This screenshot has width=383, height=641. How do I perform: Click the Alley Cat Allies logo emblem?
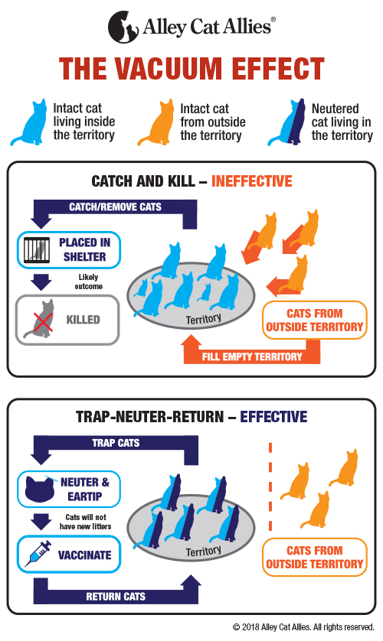123,27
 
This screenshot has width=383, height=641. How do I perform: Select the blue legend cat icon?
29,122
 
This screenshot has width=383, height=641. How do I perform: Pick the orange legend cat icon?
156,122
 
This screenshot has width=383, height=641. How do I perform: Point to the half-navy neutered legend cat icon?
286,122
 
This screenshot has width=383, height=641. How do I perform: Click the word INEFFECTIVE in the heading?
252,181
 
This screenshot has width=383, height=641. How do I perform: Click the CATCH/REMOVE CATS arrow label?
115,207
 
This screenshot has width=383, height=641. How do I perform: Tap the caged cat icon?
37,250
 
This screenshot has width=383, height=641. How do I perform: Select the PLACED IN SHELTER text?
85,250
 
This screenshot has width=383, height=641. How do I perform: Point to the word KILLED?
83,320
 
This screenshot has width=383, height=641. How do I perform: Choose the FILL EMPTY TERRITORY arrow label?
252,357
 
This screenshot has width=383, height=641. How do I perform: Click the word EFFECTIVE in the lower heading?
273,417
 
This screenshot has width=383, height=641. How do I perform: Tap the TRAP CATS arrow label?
116,443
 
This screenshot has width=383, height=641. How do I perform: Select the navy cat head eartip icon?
40,489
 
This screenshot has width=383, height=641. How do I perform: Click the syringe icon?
38,554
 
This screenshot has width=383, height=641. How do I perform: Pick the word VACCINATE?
85,555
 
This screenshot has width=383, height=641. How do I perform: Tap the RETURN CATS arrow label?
116,597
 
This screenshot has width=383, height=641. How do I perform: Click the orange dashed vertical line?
270,486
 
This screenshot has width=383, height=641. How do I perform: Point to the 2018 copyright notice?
303,627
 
